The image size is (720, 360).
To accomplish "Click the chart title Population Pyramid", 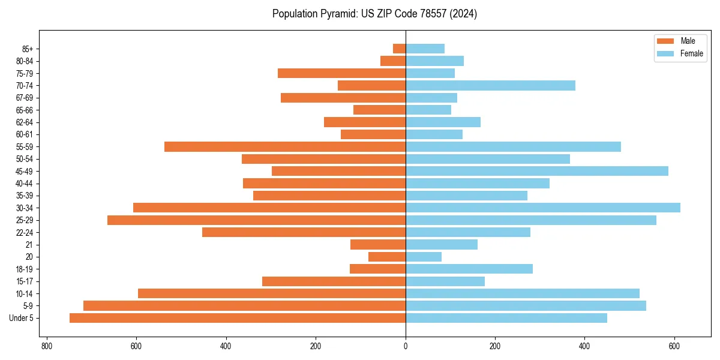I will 374,14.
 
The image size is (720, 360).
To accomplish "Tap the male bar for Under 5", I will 238,318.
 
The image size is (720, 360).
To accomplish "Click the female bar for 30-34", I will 543,208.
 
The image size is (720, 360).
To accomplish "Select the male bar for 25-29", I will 256,220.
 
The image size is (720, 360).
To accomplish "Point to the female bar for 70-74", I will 490,85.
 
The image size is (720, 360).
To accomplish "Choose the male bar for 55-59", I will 285,146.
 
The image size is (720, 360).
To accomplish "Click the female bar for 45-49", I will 537,171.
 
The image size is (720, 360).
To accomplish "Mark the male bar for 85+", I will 400,49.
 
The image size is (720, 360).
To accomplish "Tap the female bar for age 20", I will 424,257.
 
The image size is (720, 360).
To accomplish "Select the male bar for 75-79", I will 342,73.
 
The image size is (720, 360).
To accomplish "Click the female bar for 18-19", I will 469,269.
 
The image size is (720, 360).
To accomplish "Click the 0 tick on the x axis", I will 406,346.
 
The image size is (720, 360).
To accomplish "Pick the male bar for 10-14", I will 272,293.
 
